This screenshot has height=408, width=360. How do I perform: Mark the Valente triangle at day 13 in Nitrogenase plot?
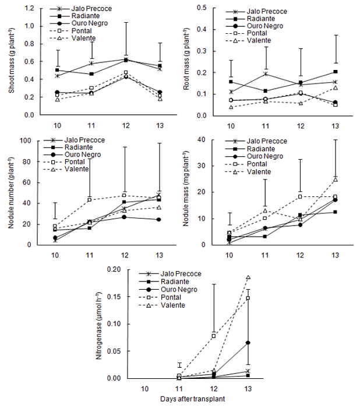[248, 277]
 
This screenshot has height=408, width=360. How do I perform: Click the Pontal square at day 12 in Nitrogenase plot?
[214, 336]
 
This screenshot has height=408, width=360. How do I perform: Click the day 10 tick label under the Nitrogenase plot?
[145, 388]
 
